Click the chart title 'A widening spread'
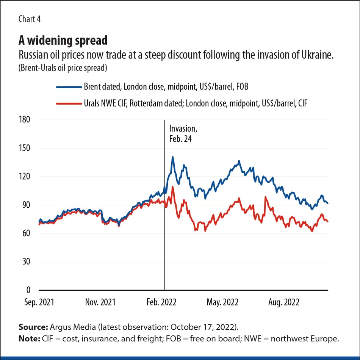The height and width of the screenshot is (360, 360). [x=63, y=40]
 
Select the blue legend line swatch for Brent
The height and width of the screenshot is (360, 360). [x=69, y=87]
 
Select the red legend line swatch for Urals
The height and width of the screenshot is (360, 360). [x=69, y=103]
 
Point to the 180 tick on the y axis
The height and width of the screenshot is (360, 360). [x=24, y=120]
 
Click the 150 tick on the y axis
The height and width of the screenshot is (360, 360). [x=24, y=148]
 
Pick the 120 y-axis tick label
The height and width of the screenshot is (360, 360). [x=24, y=177]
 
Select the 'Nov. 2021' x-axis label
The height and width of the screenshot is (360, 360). [x=100, y=302]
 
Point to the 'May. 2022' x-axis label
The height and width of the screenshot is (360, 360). [x=223, y=302]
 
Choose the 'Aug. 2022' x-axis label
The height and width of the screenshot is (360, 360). [x=284, y=302]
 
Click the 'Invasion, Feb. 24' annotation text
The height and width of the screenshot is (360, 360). [x=183, y=134]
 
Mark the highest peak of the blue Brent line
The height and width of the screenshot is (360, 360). [x=173, y=157]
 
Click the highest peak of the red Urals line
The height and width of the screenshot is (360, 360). [x=173, y=187]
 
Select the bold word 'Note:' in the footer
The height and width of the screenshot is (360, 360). [x=28, y=339]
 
